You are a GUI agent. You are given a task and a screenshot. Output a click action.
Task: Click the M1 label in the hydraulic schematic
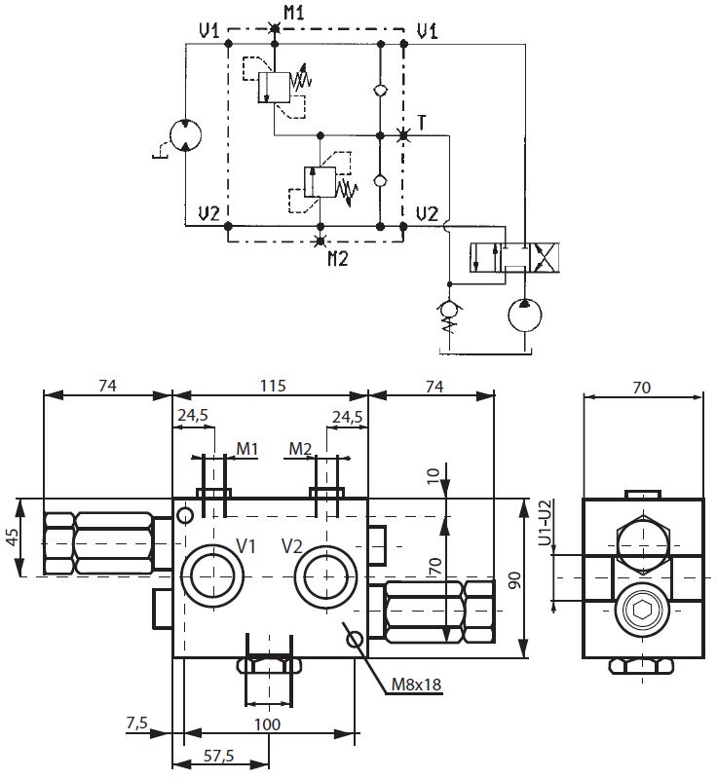(x=293, y=13)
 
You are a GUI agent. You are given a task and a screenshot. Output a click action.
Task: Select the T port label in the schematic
(x=422, y=122)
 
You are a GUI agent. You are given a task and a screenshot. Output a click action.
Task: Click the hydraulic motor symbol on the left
(x=184, y=137)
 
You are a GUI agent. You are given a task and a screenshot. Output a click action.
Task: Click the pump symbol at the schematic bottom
(x=527, y=318)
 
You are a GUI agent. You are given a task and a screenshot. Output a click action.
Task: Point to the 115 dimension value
(x=272, y=386)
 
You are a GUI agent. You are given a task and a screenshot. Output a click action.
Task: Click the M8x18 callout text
(x=416, y=685)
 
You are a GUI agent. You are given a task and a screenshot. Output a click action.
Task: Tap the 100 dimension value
(x=266, y=724)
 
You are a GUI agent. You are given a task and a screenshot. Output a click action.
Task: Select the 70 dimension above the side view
(x=641, y=387)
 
